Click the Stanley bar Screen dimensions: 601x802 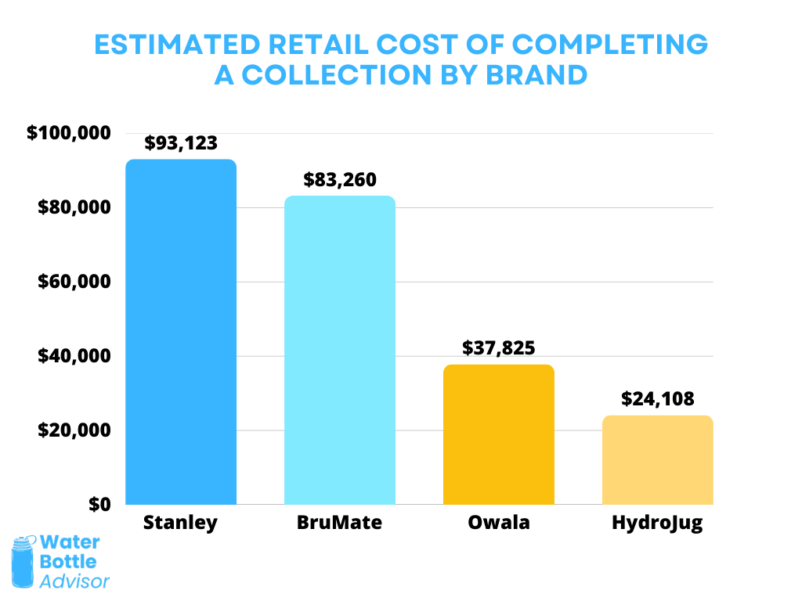coord(180,332)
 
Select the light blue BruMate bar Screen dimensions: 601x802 coord(339,350)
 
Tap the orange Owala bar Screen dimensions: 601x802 coord(498,434)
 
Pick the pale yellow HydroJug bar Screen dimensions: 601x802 coord(657,459)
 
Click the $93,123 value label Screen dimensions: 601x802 coord(180,143)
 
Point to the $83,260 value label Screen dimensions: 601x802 coord(339,180)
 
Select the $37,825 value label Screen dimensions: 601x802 coord(498,348)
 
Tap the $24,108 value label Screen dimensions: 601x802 coord(657,399)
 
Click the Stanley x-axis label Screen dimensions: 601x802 coord(180,523)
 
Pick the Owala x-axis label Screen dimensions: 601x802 coord(498,523)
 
